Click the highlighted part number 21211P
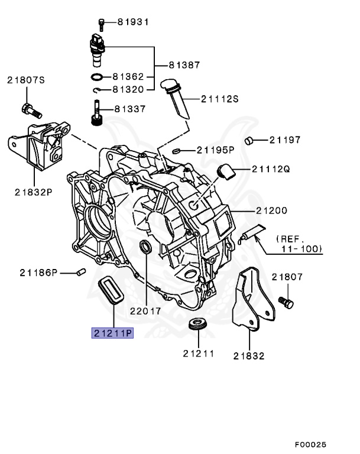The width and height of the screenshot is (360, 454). [x=112, y=333]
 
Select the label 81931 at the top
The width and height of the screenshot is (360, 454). [x=132, y=22]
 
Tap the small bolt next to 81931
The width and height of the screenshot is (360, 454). [x=101, y=23]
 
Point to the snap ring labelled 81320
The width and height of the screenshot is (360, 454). [x=98, y=90]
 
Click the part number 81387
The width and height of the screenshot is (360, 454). [x=184, y=64]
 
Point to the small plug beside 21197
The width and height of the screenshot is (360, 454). [x=251, y=140]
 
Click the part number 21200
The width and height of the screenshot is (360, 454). [x=271, y=210]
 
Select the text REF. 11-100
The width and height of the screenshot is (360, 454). [x=299, y=244]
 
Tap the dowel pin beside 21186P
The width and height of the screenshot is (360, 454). [x=82, y=272]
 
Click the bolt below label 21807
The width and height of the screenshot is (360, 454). [x=287, y=303]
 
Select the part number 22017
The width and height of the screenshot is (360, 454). [x=147, y=311]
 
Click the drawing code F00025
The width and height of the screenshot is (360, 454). [x=310, y=444]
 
